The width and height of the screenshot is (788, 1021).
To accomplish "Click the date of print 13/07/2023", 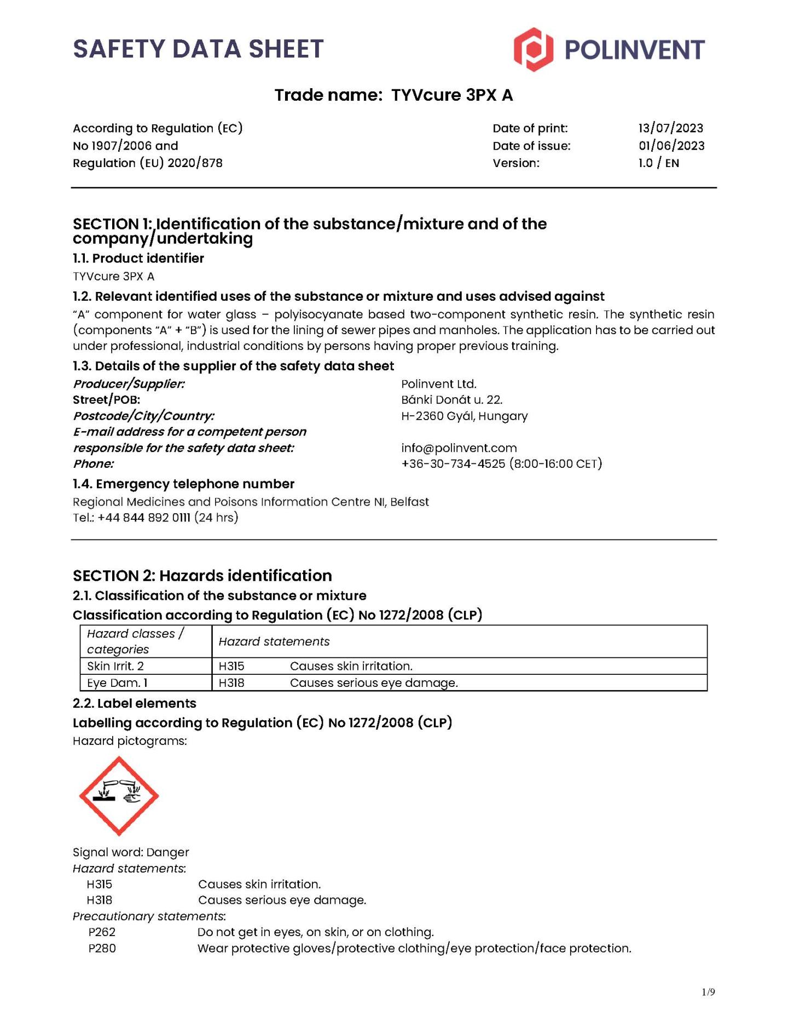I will (670, 128).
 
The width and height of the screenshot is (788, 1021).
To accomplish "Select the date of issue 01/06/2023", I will (671, 146).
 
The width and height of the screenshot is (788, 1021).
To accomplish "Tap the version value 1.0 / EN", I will (658, 163).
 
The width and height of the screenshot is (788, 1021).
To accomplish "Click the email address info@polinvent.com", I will (459, 448).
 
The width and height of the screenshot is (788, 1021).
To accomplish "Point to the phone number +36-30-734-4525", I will (453, 464).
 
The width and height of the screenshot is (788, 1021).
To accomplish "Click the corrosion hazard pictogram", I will (119, 795).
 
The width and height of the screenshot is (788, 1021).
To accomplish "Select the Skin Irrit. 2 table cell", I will (115, 666).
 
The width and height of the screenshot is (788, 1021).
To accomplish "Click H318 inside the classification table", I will (231, 683).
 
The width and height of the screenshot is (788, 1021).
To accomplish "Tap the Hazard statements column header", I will (274, 641).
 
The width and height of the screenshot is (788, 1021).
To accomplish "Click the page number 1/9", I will (708, 992).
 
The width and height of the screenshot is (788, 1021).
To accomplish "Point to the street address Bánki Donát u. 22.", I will (451, 400).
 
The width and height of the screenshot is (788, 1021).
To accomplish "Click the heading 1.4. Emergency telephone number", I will (183, 484).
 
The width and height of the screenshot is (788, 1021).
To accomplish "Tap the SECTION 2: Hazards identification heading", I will (202, 576).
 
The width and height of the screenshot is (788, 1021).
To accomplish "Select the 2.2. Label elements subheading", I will (135, 703).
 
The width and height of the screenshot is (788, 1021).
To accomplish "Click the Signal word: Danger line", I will (131, 852).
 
